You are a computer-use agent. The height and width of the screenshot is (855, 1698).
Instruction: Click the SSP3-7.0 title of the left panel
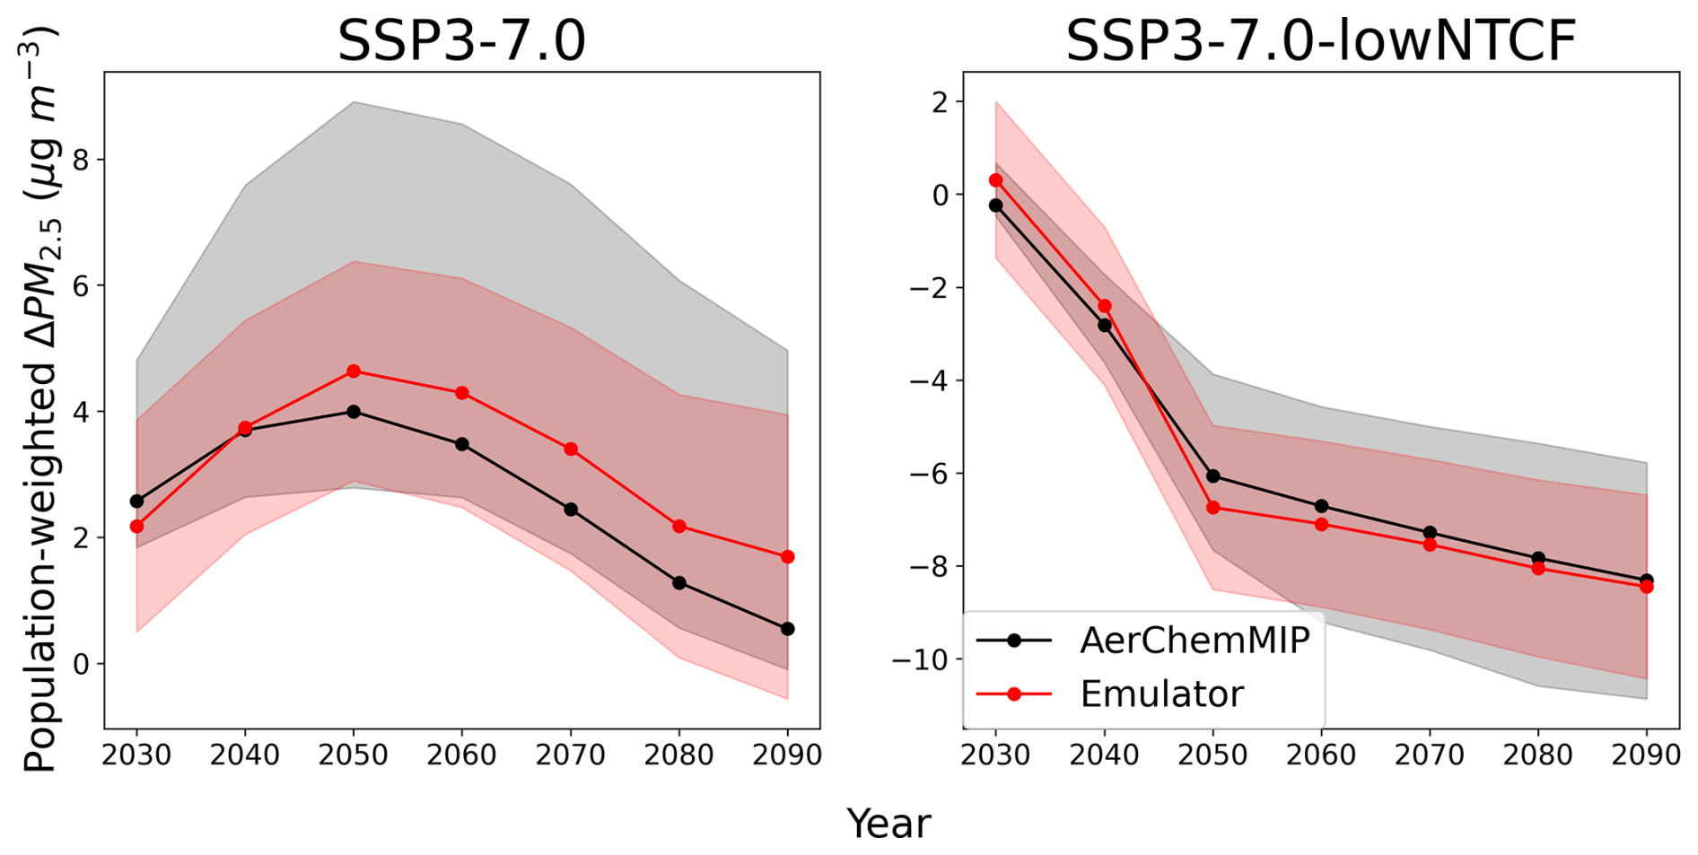pos(461,41)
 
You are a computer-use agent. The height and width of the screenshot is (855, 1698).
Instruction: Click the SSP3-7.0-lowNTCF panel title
pos(1320,41)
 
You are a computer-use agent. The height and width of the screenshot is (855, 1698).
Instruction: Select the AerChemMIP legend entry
pos(1195,641)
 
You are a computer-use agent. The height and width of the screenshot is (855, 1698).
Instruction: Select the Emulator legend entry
pos(1161,694)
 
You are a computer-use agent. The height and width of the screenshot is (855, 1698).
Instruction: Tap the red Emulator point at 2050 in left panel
pos(354,371)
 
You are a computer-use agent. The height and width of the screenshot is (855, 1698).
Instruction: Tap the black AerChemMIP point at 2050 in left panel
pos(354,412)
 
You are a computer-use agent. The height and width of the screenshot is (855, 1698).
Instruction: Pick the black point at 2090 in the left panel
pos(787,629)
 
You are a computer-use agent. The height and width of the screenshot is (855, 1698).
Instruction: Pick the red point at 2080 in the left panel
pos(679,527)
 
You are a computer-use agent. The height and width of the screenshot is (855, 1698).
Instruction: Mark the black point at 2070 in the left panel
pos(571,510)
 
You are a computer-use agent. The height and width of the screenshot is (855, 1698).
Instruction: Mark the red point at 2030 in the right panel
pos(995,180)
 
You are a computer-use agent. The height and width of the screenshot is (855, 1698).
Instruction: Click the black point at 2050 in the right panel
pos(1212,475)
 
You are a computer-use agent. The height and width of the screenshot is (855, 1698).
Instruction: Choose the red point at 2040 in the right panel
pos(1104,306)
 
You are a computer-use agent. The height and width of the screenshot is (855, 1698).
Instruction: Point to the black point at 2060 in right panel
pos(1321,506)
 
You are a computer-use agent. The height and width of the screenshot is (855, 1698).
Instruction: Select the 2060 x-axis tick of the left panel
pos(461,755)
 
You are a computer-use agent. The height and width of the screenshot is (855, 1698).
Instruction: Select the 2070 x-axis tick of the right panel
pos(1430,755)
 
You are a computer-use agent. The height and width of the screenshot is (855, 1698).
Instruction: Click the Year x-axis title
pos(888,824)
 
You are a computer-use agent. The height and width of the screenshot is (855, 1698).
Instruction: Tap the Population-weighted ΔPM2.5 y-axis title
pos(39,399)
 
